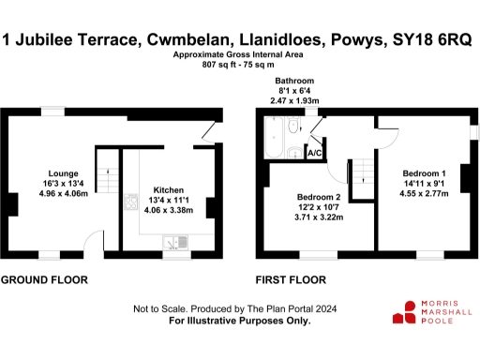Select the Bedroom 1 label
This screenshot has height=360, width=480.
[x=425, y=173]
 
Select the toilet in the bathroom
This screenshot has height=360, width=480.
[x=294, y=127]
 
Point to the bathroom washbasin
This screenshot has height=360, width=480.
[x=293, y=154]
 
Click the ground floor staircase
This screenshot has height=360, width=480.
[x=110, y=171]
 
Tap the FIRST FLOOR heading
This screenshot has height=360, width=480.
[x=291, y=280]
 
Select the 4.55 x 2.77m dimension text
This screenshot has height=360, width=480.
[x=425, y=195]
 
